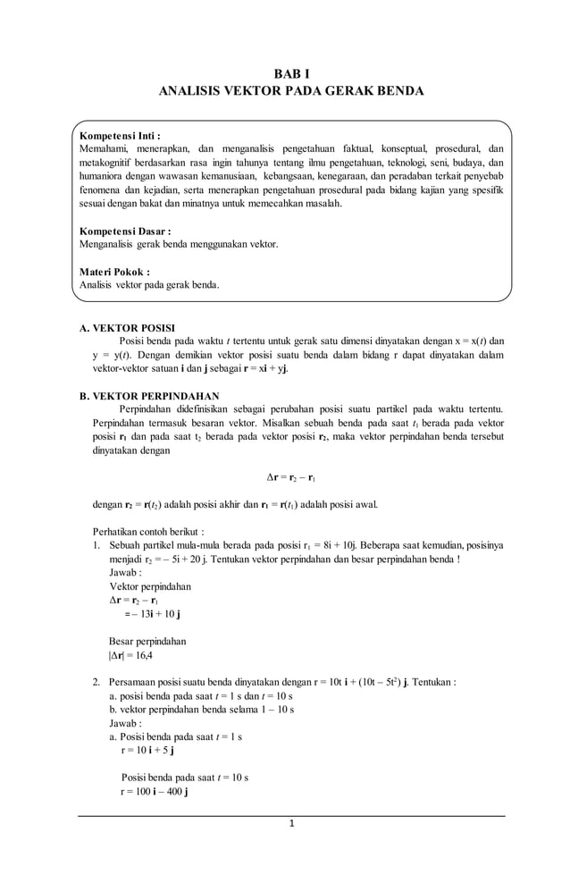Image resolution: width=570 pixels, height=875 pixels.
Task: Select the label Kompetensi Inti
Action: point(119,136)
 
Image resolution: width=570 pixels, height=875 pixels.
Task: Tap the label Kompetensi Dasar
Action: point(124,231)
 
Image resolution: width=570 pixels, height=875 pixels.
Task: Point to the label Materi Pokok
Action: point(114,272)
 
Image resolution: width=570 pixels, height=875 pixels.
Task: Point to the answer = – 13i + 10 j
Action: point(153,614)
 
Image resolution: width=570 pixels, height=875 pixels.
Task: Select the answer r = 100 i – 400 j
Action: point(154,792)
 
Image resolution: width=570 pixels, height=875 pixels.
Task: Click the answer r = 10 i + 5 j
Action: point(147,751)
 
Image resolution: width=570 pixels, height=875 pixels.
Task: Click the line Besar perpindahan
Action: point(147,641)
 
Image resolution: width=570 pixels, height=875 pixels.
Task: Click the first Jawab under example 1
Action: point(125,572)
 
